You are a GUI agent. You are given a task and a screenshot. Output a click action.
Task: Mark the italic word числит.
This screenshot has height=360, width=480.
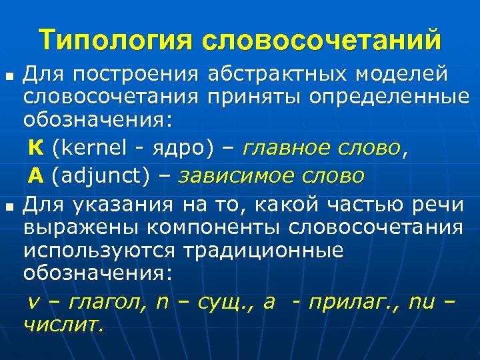(x=63, y=325)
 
